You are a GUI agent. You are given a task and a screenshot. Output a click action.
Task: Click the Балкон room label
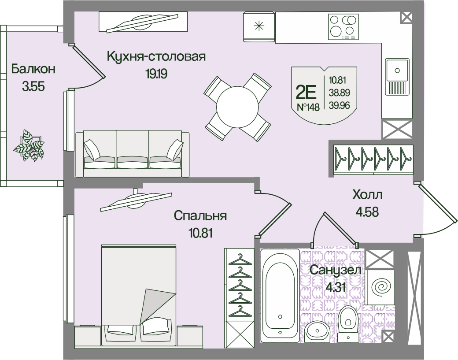click(33, 69)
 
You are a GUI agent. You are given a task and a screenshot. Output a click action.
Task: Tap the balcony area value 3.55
click(33, 86)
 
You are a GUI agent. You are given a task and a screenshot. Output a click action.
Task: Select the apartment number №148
click(308, 107)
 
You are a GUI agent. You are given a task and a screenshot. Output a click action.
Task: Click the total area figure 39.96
click(337, 104)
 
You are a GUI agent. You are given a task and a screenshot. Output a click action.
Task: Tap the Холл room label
click(367, 194)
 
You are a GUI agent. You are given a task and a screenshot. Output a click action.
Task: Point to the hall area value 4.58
click(367, 211)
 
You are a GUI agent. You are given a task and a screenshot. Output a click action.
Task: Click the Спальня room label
click(200, 216)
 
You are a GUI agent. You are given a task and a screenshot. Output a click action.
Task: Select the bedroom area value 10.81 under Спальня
click(200, 233)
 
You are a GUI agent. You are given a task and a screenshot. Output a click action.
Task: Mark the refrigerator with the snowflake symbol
click(259, 26)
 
